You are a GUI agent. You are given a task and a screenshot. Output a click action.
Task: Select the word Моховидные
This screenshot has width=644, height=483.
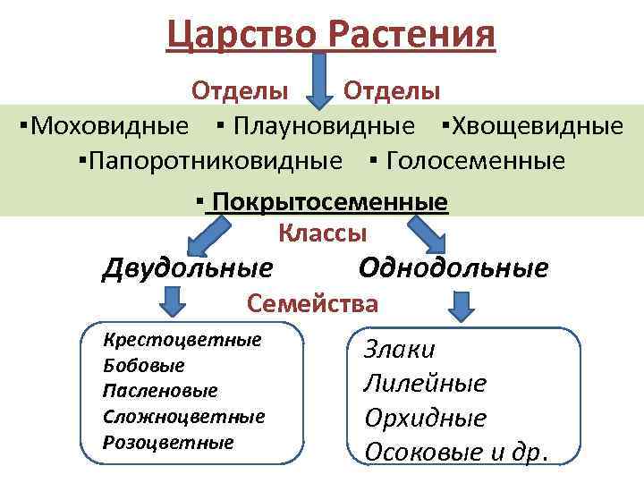pyautogui.click(x=106, y=125)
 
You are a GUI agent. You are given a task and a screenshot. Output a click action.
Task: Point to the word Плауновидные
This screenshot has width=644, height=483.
pyautogui.click(x=323, y=125)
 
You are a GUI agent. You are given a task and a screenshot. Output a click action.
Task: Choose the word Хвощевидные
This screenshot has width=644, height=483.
pyautogui.click(x=536, y=125)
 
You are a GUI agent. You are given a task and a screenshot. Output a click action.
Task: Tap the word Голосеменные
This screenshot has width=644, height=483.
pyautogui.click(x=475, y=161)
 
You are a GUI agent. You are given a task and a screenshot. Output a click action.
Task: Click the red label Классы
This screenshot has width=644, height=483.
pyautogui.click(x=323, y=233)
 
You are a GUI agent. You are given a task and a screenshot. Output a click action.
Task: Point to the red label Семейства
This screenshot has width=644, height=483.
pyautogui.click(x=313, y=304)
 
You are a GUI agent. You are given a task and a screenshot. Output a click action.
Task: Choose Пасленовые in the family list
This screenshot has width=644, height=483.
pyautogui.click(x=160, y=392)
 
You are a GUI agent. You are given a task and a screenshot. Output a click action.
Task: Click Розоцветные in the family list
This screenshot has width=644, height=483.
pyautogui.click(x=168, y=443)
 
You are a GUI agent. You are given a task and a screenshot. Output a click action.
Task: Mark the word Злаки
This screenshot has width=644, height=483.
pyautogui.click(x=400, y=350)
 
